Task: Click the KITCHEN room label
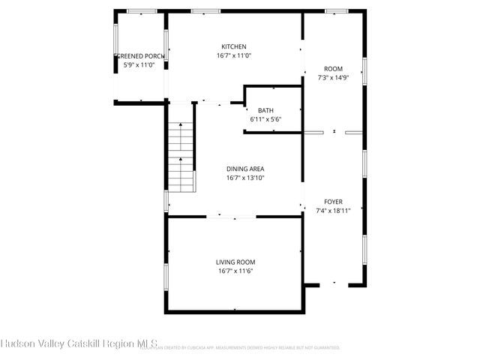tap(233, 46)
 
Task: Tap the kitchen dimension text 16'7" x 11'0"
tap(233, 55)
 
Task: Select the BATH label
tap(265, 110)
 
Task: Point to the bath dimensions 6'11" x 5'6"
tap(265, 119)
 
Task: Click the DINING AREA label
tap(244, 169)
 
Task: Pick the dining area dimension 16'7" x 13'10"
tap(244, 178)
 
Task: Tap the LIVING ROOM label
tap(235, 262)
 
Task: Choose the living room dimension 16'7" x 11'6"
tap(235, 271)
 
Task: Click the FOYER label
tap(333, 202)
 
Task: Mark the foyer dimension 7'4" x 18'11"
tap(333, 211)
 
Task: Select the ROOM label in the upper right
tap(333, 68)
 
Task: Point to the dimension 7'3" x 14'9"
tap(333, 77)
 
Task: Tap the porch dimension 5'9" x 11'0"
tap(139, 65)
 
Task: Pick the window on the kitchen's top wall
tap(201, 11)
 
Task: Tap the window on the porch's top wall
tap(141, 11)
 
